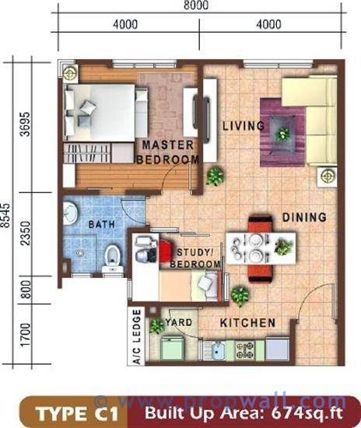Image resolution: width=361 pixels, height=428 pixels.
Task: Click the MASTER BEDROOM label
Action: [168, 152]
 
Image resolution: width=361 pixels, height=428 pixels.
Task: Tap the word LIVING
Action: [244, 126]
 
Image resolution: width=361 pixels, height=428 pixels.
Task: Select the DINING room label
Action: [304, 217]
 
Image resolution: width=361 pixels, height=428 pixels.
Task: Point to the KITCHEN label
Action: [247, 323]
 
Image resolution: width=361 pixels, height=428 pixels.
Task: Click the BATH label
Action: [101, 224]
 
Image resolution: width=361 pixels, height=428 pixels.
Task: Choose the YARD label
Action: [179, 322]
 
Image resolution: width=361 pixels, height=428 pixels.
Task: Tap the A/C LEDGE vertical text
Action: [137, 337]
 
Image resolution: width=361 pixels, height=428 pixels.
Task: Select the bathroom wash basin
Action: [70, 213]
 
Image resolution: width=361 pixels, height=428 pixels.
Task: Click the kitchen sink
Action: [215, 350]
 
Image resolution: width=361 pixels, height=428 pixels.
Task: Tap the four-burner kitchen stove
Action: [245, 350]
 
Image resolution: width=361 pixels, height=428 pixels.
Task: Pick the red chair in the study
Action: [165, 251]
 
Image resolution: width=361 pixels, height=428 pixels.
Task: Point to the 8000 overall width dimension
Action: [196, 5]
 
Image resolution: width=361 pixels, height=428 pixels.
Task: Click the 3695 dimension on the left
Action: [26, 124]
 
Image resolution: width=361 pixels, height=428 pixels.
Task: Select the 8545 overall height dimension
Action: [5, 215]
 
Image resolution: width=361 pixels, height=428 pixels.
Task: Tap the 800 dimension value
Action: [26, 289]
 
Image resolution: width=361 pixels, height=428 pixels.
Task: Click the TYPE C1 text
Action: [78, 414]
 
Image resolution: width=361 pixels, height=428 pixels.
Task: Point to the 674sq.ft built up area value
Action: [307, 413]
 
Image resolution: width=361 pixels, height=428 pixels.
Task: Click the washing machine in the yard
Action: [172, 349]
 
